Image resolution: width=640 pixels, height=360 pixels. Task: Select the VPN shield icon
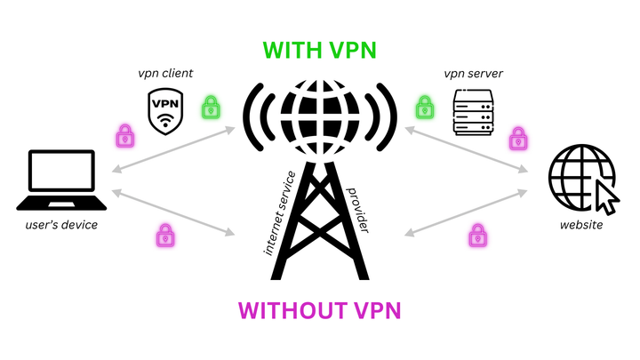coord(164,110)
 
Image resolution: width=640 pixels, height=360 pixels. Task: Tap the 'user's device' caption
coord(61,225)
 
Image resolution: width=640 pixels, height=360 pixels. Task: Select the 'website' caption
coord(582,225)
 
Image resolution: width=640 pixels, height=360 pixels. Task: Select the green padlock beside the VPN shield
coord(210,108)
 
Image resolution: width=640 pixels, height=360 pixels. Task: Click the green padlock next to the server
coord(425,108)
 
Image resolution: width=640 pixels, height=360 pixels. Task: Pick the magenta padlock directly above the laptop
coord(124,136)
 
